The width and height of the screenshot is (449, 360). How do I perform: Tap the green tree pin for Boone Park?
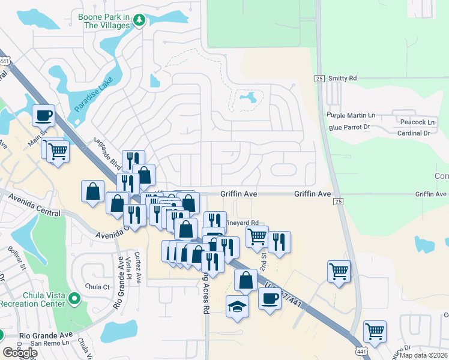[139, 21]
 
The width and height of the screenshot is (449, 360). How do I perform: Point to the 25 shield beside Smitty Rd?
[319, 79]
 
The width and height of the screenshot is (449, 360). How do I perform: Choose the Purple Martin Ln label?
[351, 115]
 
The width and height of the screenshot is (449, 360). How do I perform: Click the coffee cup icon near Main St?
[44, 114]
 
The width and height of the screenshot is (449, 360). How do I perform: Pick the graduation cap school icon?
[237, 307]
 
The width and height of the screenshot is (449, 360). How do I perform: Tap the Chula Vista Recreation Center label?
[33, 299]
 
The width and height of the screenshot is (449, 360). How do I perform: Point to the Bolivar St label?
[16, 257]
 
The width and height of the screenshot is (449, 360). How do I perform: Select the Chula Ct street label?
[98, 287]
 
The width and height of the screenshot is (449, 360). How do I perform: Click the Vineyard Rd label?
[243, 222]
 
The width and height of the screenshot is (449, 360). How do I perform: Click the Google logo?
[20, 353]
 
